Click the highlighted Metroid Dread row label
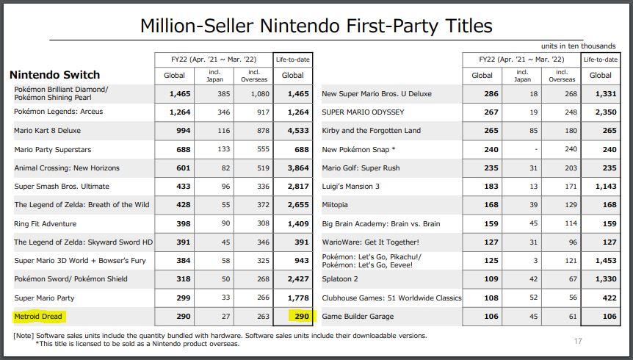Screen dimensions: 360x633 [x=39, y=317]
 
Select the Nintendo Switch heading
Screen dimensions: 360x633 [x=54, y=75]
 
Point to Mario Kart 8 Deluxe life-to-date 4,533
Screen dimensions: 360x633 [x=292, y=131]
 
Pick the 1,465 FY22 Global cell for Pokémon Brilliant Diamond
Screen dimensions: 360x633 [x=179, y=94]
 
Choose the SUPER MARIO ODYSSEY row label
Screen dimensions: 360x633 [x=363, y=112]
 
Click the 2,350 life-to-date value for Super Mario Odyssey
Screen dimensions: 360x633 [x=601, y=112]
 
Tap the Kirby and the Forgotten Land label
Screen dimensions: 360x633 [x=371, y=131]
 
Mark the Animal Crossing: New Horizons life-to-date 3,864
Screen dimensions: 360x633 [x=292, y=168]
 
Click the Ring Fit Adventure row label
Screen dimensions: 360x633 [x=46, y=224]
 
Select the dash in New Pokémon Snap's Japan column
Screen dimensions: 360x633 [x=523, y=150]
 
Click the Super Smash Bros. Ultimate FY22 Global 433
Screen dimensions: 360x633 [x=181, y=187]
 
